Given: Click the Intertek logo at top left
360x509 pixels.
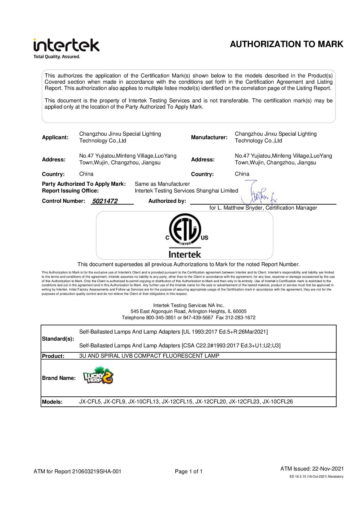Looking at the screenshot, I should tap(66, 45).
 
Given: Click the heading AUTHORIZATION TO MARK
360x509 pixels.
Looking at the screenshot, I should tap(286, 44).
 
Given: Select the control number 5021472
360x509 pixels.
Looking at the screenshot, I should tap(105, 201).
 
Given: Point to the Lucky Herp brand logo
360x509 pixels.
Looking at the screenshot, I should tap(98, 376).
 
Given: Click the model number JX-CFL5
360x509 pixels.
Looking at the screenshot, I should tap(90, 402).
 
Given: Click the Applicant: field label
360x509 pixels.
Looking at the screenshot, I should tap(55, 137).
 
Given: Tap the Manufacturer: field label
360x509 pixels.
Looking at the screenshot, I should tap(209, 137).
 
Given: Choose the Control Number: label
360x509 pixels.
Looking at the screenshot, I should tap(64, 201).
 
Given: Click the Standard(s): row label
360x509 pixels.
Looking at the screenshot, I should tap(58, 339).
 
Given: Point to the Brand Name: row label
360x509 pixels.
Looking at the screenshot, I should tap(59, 378).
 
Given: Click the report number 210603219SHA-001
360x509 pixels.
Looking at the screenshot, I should tap(97, 471).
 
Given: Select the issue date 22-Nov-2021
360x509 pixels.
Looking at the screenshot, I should tap(328, 469).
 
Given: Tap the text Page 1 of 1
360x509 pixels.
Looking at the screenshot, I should tap(189, 471).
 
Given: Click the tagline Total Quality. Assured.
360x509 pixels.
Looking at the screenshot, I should tap(57, 57).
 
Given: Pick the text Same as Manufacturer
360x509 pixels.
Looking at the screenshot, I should tap(162, 184).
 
